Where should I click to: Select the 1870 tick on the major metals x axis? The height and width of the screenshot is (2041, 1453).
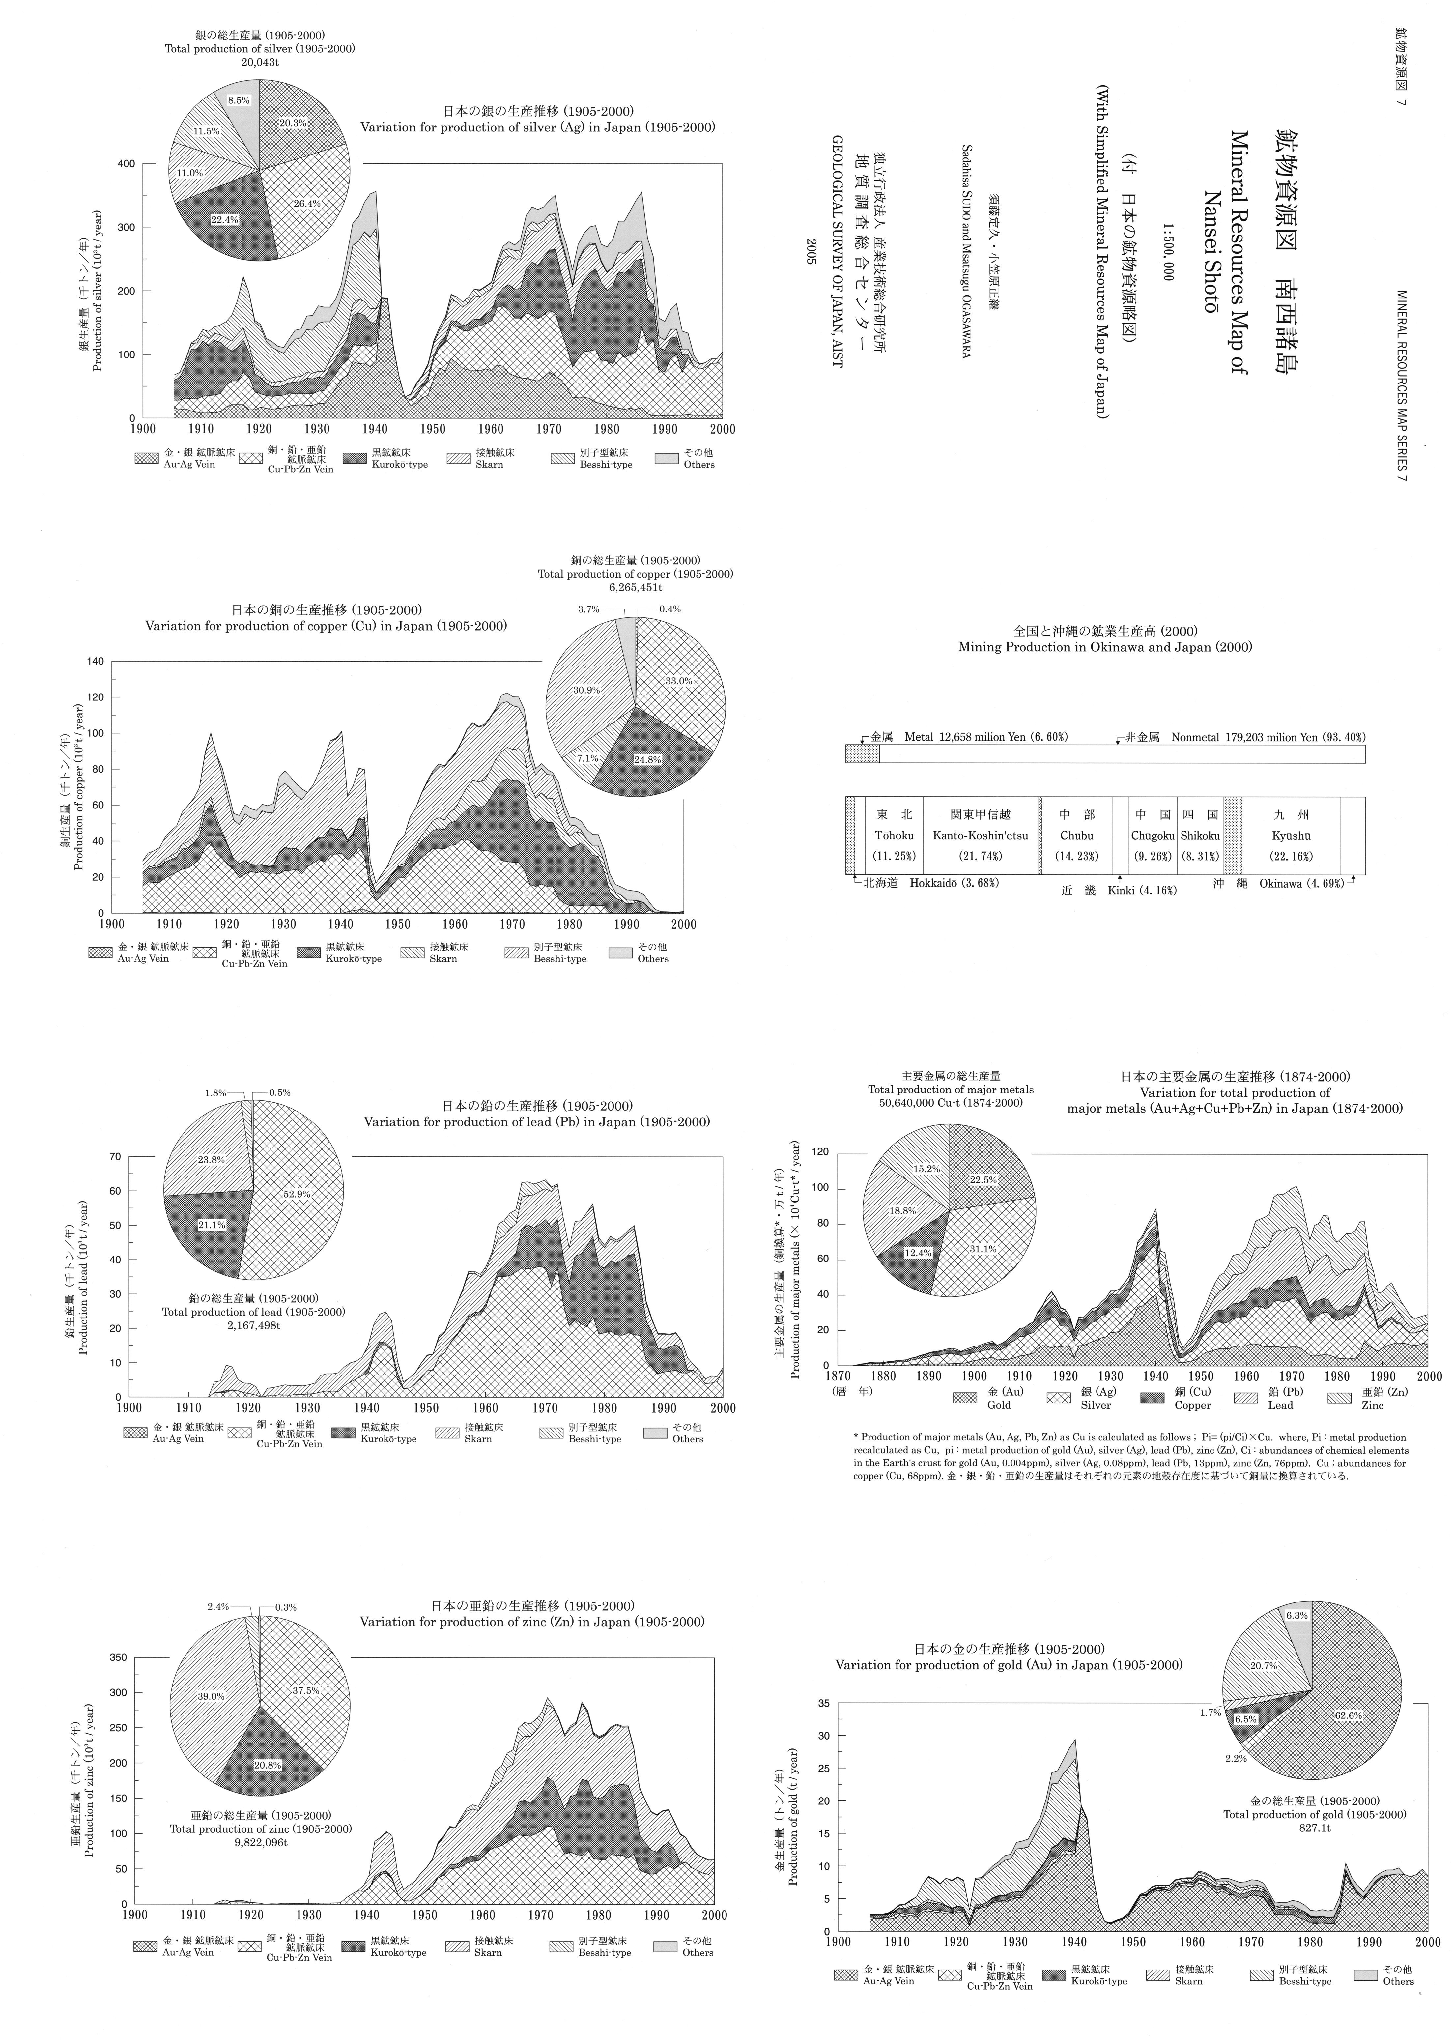coord(838,1376)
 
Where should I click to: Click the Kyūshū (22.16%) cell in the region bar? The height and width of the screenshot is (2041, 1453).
coord(1291,836)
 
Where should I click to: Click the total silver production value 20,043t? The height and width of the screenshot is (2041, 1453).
coord(260,63)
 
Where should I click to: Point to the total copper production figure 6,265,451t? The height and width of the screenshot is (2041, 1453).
coord(635,588)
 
